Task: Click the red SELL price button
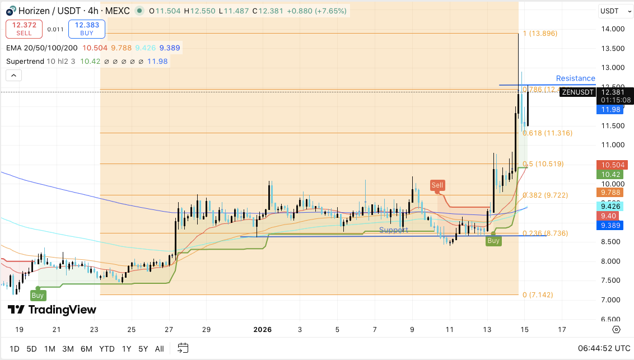coord(24,29)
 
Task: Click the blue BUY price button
coord(87,29)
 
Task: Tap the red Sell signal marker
coord(437,185)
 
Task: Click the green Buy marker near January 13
coord(493,241)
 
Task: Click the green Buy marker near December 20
coord(38,295)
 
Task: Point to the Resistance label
coord(575,78)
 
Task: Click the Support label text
coord(393,230)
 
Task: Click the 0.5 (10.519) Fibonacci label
coord(543,164)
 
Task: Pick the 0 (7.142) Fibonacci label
coord(538,294)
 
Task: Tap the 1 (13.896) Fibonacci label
coord(540,34)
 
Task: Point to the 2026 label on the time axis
coord(263,330)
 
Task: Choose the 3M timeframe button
coord(68,349)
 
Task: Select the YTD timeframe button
coord(106,349)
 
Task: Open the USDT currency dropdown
coord(613,11)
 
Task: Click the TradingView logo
coord(52,310)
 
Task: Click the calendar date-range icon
coord(183,348)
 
